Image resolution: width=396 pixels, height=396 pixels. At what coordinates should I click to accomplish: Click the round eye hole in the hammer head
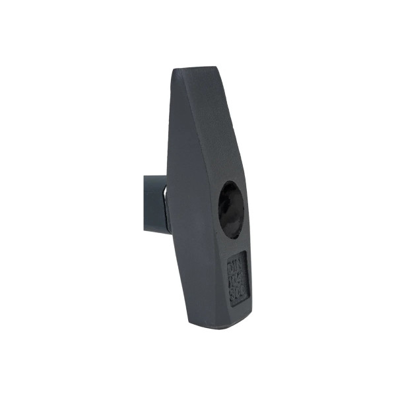pyautogui.click(x=231, y=209)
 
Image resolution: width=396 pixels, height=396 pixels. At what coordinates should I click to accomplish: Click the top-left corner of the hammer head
pyautogui.click(x=176, y=71)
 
